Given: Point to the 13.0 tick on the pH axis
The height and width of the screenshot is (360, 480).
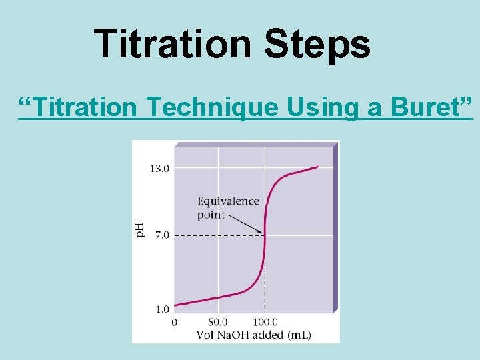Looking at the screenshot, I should [159, 169].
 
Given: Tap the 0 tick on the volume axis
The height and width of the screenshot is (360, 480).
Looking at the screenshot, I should [175, 322].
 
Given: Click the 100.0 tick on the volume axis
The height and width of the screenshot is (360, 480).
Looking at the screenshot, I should [265, 322].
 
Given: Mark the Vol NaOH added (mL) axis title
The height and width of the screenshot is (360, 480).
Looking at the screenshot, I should [253, 334].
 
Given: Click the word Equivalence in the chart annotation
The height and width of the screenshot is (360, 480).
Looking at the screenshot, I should [227, 201].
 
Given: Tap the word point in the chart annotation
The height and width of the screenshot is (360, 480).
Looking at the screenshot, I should [211, 215].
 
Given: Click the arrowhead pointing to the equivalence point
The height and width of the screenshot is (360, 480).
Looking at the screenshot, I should [260, 231].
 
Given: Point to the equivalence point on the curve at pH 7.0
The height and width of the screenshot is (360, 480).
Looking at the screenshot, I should [265, 235].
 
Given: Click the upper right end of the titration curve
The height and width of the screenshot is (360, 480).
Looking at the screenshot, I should [317, 167].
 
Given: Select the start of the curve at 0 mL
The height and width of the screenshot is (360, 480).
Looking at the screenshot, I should [175, 305].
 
